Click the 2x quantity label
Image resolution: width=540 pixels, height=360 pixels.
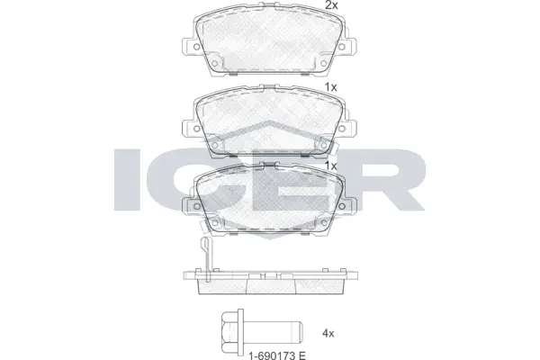click(x=330, y=6)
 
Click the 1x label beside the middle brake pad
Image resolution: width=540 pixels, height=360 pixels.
click(x=330, y=87)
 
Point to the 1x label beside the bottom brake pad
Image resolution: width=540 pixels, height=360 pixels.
click(x=330, y=167)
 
